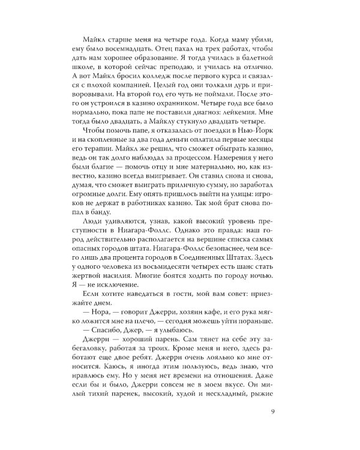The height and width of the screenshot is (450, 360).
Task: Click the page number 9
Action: (273, 411)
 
